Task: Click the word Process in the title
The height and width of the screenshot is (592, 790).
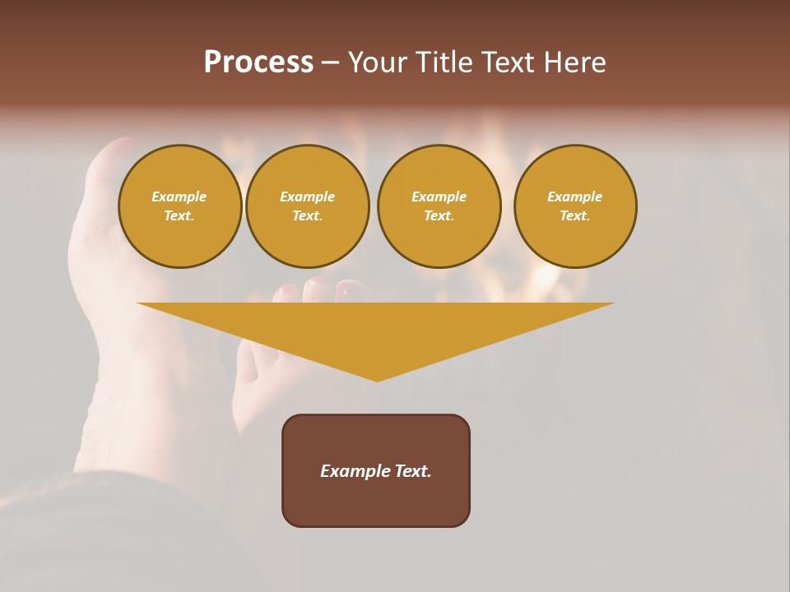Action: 258,62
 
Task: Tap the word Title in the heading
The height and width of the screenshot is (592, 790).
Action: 442,62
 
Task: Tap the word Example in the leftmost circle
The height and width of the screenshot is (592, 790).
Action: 179,197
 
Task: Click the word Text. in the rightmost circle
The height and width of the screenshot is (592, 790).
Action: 575,215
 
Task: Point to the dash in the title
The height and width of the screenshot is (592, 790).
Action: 330,62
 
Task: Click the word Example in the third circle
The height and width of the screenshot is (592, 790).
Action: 439,197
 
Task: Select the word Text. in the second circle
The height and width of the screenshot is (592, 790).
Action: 308,215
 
